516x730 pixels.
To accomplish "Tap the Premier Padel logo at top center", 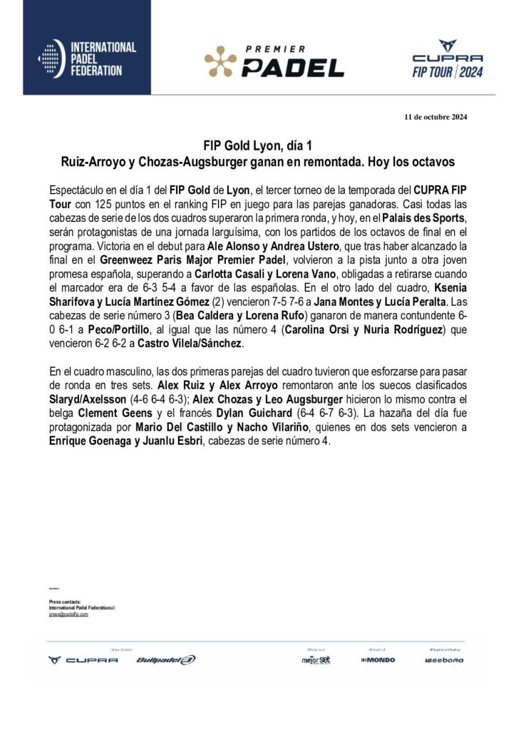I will pos(274,61).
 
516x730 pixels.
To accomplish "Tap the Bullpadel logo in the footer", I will pos(165,659).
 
